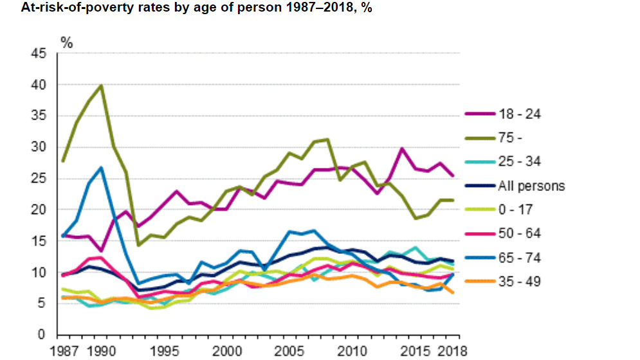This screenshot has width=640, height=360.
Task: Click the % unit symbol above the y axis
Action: tap(66, 42)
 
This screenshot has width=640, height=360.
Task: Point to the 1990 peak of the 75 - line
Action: tap(101, 85)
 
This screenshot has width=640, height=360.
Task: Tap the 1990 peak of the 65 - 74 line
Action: tap(101, 168)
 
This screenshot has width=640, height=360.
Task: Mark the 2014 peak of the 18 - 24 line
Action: tap(402, 148)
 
